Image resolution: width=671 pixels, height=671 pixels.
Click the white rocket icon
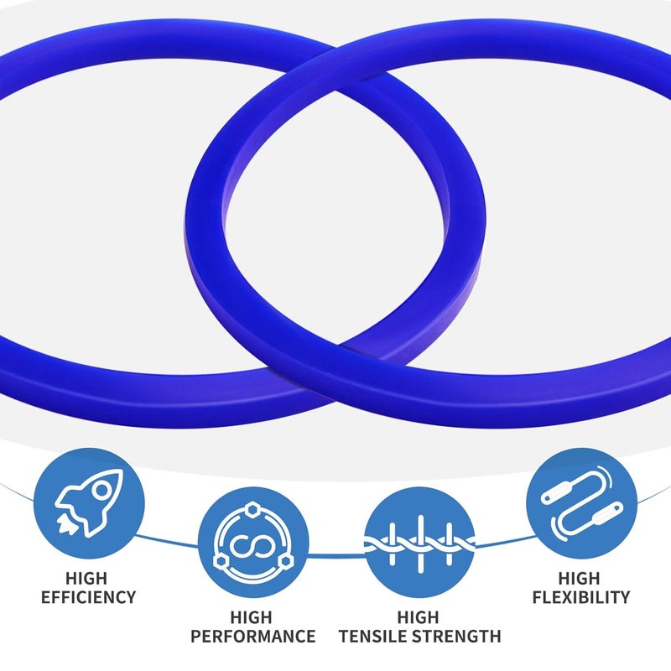(x=89, y=502)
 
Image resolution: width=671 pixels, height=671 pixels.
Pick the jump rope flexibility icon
(x=581, y=503)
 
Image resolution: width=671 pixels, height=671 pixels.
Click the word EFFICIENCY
(x=89, y=597)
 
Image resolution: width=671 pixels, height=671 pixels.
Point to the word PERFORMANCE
(x=253, y=637)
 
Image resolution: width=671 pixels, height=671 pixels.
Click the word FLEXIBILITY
(x=581, y=597)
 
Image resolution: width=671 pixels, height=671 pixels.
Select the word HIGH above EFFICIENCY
(x=86, y=579)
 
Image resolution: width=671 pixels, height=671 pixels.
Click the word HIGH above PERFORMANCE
(x=251, y=617)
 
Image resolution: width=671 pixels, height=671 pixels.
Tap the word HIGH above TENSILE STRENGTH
(x=418, y=617)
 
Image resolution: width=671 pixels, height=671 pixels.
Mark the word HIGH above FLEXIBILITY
(x=579, y=579)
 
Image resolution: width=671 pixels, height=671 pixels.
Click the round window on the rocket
(x=101, y=491)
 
